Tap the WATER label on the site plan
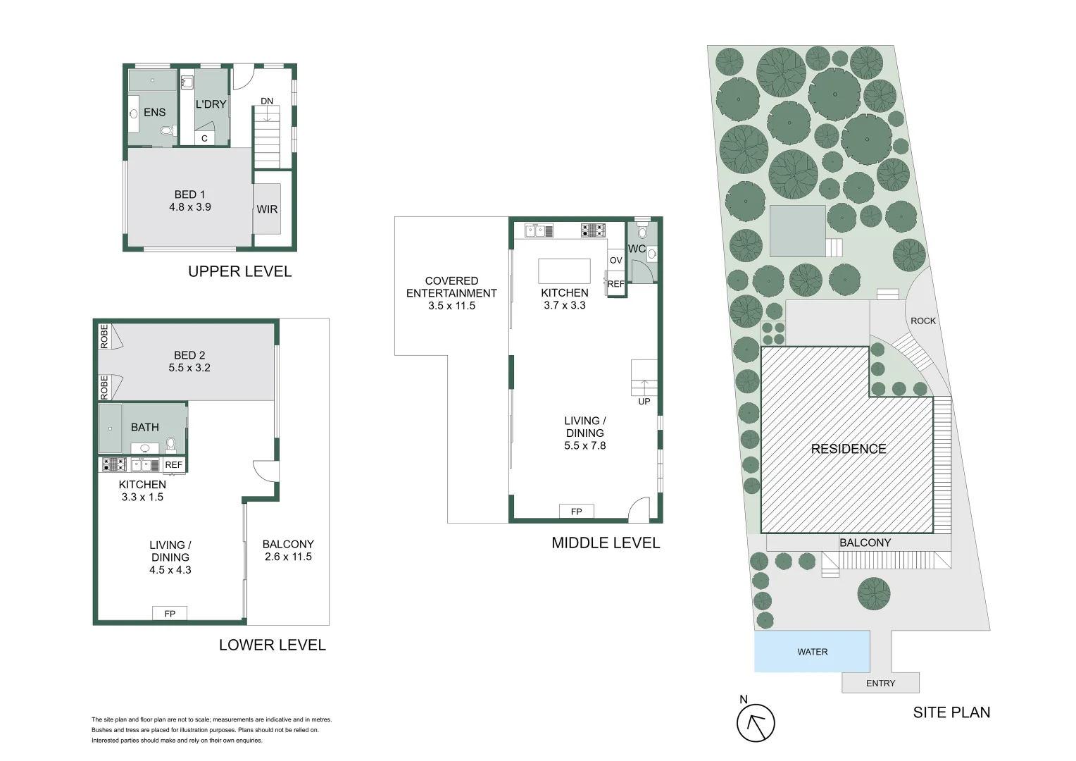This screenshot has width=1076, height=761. coord(812,652)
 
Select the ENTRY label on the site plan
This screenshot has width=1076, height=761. coord(880,683)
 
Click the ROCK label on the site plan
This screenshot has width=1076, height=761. coord(922,321)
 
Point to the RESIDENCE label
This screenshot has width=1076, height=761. coord(848,449)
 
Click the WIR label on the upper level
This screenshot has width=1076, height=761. coord(267,209)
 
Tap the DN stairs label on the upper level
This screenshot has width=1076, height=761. coord(267,101)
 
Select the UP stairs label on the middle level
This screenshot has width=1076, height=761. coord(644,402)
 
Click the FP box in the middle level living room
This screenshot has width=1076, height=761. coord(576,512)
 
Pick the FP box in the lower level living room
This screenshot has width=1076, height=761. coord(170,614)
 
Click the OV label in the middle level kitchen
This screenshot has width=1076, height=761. coord(616,260)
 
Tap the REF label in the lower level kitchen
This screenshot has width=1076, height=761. coord(174,465)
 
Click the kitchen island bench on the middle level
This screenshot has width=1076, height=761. coord(564,271)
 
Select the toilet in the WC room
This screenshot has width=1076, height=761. coord(642,231)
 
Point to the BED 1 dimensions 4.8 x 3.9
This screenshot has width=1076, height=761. coord(190,207)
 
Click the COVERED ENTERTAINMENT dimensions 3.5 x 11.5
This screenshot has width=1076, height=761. coord(451,306)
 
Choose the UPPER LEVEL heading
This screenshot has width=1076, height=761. coord(239,271)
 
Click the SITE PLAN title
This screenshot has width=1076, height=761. coord(951,712)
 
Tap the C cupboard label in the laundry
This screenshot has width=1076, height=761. coord(204,138)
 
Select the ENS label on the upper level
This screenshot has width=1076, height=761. coord(154,112)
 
